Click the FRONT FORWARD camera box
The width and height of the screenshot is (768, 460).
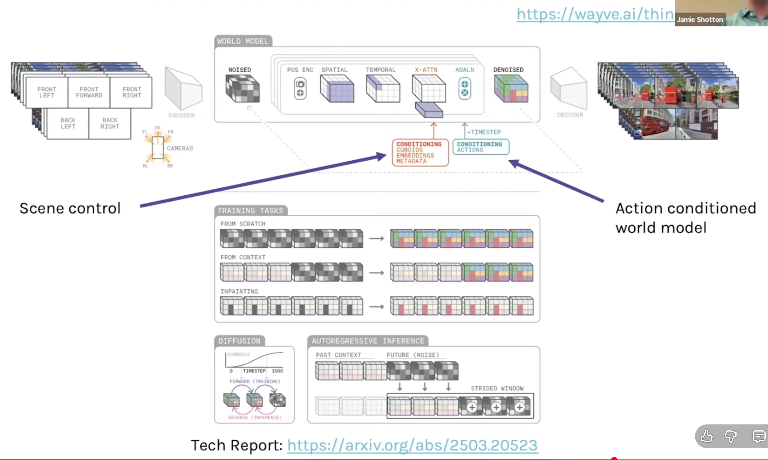[x=89, y=92]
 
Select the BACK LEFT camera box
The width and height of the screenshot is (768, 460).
[x=68, y=123]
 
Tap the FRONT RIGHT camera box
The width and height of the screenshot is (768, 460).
[x=131, y=92]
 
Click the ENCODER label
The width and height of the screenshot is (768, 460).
[x=181, y=115]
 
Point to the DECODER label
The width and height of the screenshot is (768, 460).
[x=570, y=115]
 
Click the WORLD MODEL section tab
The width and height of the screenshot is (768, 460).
[x=243, y=41]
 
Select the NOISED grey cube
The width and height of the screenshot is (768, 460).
[x=243, y=89]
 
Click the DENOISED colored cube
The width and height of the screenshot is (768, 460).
[x=511, y=89]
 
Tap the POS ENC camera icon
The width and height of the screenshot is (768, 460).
[x=300, y=89]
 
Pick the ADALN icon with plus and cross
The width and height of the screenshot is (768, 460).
[x=464, y=89]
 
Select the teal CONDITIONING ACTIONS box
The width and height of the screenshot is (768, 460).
[x=480, y=147]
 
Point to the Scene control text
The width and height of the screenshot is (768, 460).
[x=70, y=208]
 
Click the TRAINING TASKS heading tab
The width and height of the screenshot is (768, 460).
[x=251, y=211]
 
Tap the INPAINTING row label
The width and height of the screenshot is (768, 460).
[x=239, y=291]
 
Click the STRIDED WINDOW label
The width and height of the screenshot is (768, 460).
[x=497, y=388]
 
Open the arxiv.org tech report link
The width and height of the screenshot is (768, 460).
[x=412, y=445]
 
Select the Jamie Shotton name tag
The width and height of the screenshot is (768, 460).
[x=700, y=20]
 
